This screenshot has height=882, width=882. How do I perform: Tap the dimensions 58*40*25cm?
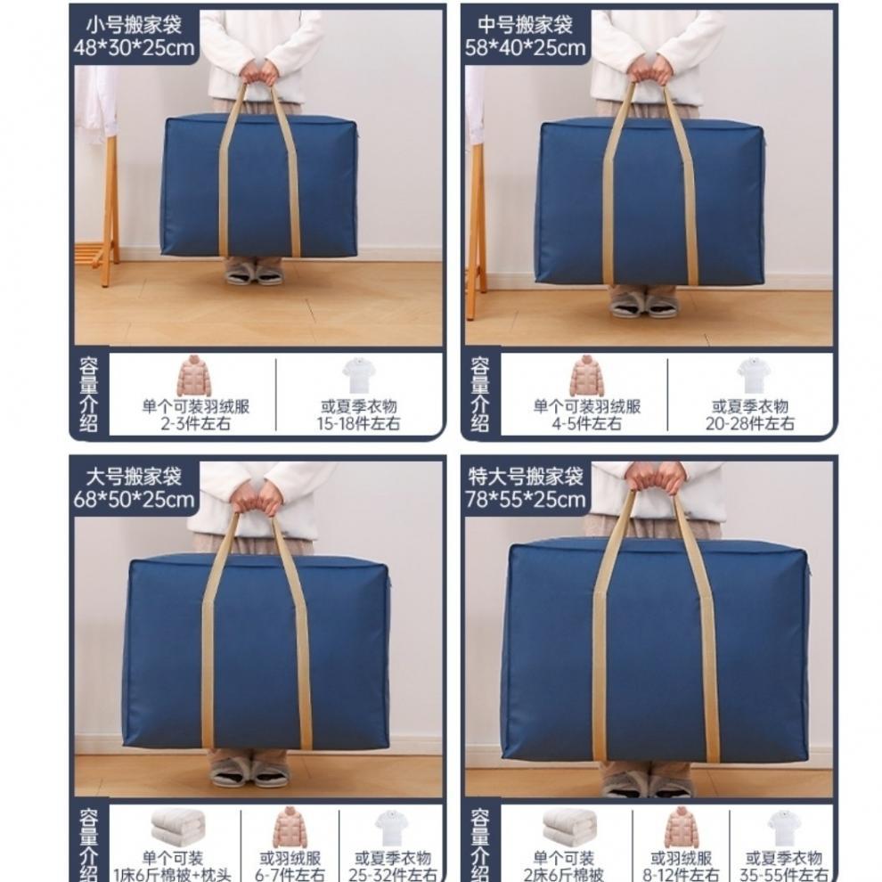(525, 48)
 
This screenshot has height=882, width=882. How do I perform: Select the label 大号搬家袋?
(134, 477)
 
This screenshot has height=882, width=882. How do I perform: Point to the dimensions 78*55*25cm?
(527, 500)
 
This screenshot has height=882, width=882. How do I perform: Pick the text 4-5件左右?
(586, 424)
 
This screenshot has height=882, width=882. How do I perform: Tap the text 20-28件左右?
(750, 424)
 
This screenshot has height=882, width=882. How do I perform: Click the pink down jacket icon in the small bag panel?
(193, 376)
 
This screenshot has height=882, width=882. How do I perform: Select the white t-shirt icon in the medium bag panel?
(752, 376)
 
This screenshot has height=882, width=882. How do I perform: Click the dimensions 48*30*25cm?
(134, 48)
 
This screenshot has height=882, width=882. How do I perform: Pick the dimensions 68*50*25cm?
(134, 500)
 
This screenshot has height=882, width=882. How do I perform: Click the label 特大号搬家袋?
(526, 477)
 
